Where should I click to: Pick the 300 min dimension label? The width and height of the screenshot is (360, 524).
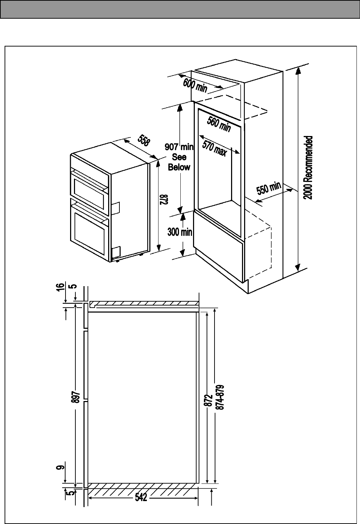(180, 232)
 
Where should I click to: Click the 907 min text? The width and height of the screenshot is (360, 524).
(179, 147)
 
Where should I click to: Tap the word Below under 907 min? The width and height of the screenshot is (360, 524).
(179, 167)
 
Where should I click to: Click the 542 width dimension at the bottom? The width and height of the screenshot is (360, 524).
(142, 497)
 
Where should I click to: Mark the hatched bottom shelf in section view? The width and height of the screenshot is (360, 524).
(143, 489)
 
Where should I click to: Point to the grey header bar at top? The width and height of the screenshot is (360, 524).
(180, 9)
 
